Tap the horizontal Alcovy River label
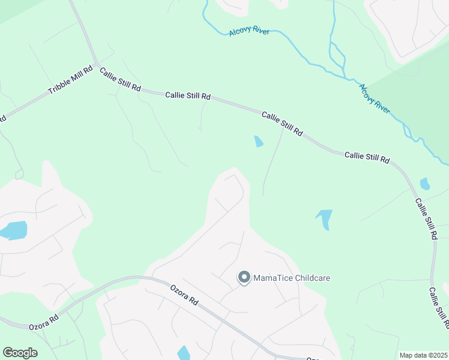pos(249,32)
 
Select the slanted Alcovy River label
pos(375,98)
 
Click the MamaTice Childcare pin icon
pos(244,278)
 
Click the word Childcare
pos(313,278)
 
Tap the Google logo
pos(20,353)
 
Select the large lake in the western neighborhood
pos(13,230)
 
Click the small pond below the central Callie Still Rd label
pos(259,142)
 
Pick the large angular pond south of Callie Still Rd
pos(325,218)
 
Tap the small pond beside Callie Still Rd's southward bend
pos(425,184)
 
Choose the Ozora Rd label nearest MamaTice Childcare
pos(184,295)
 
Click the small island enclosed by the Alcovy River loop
pos(338,60)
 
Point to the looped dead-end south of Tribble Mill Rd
pos(19,175)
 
